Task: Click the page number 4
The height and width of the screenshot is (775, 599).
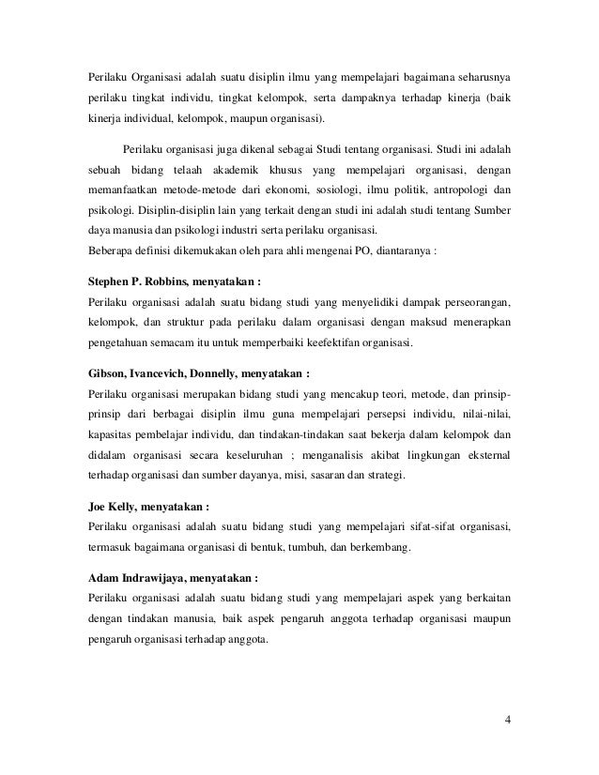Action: [507, 721]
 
